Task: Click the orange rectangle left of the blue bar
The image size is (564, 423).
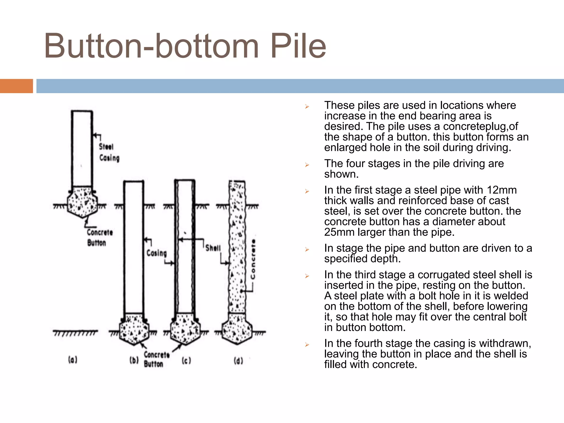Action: pyautogui.click(x=16, y=86)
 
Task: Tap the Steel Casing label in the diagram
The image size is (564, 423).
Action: pyautogui.click(x=109, y=152)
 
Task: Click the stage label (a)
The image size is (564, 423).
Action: pyautogui.click(x=73, y=360)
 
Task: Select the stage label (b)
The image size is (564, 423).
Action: pyautogui.click(x=134, y=360)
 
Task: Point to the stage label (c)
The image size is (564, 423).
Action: pyautogui.click(x=186, y=360)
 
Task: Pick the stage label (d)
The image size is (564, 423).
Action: pyautogui.click(x=238, y=360)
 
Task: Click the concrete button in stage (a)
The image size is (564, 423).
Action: pyautogui.click(x=82, y=202)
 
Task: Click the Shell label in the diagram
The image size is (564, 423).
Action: pyautogui.click(x=213, y=248)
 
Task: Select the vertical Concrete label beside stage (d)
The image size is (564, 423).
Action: pyautogui.click(x=253, y=259)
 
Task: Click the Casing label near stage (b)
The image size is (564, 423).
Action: pyautogui.click(x=156, y=253)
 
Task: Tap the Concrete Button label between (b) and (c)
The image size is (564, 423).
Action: pyautogui.click(x=156, y=359)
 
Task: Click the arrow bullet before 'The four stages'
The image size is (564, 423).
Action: pyautogui.click(x=307, y=165)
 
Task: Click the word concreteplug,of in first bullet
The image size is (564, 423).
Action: pyautogui.click(x=480, y=126)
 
